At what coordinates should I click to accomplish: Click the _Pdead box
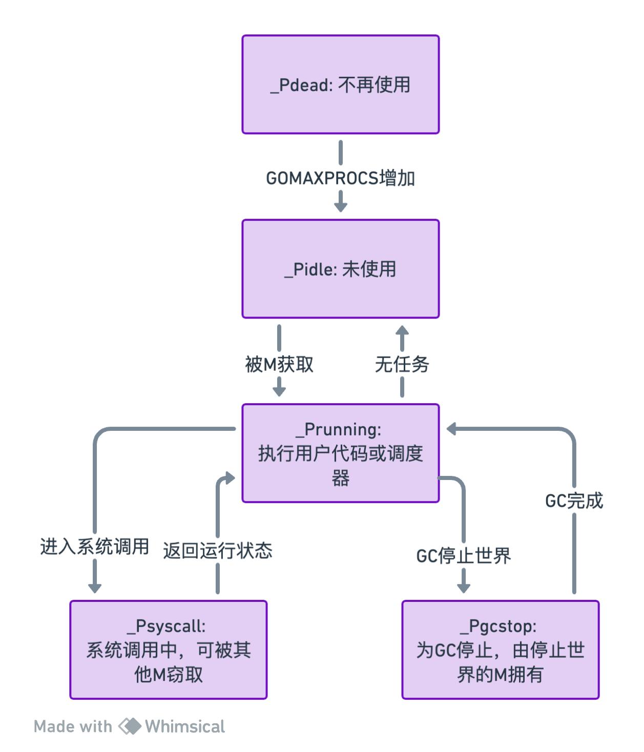(341, 85)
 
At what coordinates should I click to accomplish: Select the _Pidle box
(341, 269)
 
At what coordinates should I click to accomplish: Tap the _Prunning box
(341, 453)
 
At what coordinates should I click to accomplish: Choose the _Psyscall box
(169, 650)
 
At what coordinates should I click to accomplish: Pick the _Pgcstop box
(500, 650)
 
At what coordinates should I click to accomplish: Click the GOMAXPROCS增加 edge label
(341, 178)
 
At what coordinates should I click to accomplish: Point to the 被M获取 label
(279, 365)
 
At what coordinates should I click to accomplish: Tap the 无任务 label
(402, 365)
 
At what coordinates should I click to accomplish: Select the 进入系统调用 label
(95, 547)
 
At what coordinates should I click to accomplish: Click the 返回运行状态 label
(218, 551)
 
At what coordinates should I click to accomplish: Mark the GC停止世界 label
(464, 556)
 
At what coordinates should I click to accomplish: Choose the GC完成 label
(574, 500)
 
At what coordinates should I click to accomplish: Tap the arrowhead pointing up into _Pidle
(402, 330)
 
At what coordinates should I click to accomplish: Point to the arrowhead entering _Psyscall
(95, 588)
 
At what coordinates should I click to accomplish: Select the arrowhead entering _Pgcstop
(464, 588)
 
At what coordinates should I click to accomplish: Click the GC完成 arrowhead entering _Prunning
(451, 429)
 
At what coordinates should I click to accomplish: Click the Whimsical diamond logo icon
(130, 726)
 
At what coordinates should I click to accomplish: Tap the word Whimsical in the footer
(185, 726)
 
